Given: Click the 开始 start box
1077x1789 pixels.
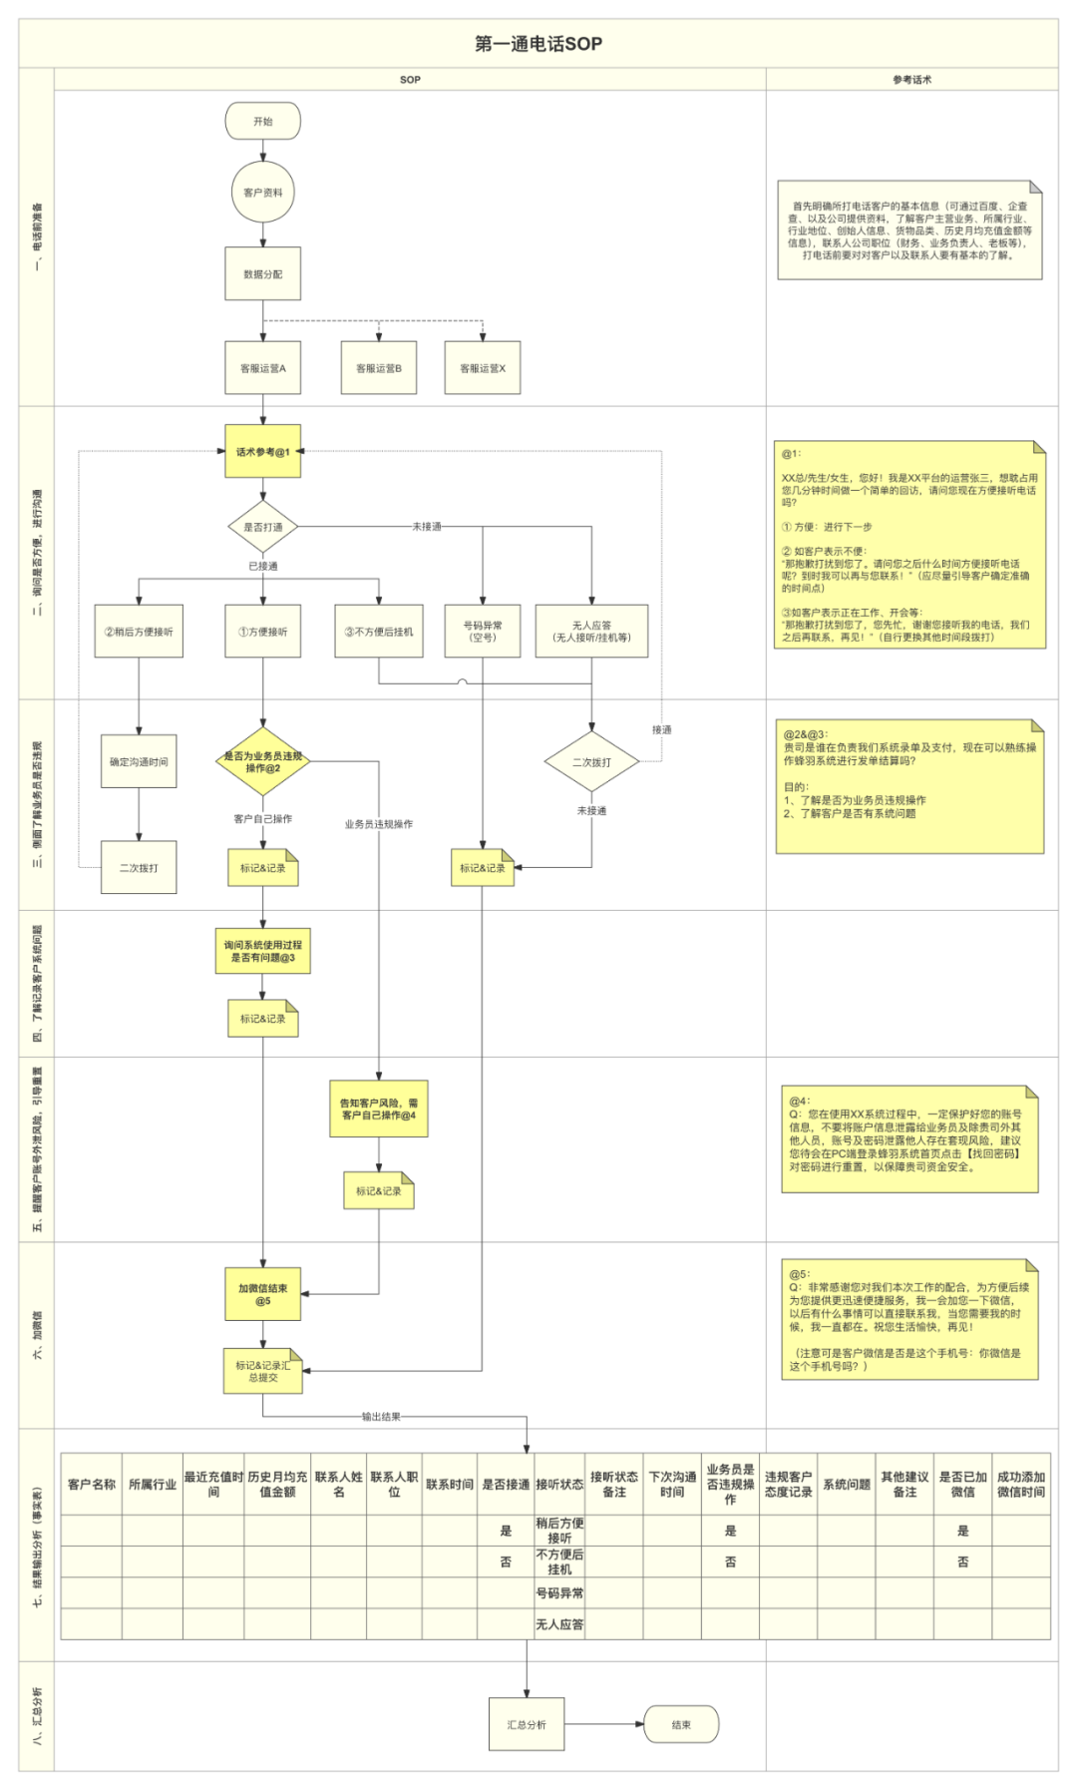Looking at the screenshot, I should pos(262,121).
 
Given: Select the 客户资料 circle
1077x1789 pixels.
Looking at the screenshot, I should pos(262,193).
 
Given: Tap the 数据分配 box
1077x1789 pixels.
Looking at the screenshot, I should pos(262,273).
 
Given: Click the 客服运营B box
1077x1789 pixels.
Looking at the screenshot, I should pos(378,368).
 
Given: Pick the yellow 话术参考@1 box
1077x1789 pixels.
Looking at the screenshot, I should pos(262,451).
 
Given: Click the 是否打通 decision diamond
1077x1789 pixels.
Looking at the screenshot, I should pos(262,527).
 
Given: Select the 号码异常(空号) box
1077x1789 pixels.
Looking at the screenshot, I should pos(483,631).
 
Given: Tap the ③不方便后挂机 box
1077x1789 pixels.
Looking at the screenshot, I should pos(378,631).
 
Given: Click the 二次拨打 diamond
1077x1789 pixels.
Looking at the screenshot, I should pos(591,762).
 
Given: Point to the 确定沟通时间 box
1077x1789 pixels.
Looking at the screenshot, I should pos(139,761).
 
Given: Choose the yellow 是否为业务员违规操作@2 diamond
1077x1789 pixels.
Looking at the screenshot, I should pos(262,762).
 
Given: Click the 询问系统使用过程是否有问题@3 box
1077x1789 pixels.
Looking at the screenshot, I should pos(262,951).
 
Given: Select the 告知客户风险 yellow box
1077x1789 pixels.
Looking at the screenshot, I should pos(378,1109).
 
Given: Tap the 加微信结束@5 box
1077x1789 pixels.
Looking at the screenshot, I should pos(262,1294).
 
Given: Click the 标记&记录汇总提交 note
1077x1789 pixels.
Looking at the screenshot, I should pos(262,1371).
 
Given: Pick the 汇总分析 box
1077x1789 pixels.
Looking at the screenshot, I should pos(526,1724).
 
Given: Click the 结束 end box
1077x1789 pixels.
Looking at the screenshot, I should pos(681,1724).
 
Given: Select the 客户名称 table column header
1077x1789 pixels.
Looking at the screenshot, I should pos(91,1484).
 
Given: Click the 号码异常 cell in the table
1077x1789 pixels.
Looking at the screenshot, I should pos(559,1593).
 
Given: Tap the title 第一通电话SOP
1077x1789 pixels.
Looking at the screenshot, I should pos(538,44).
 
